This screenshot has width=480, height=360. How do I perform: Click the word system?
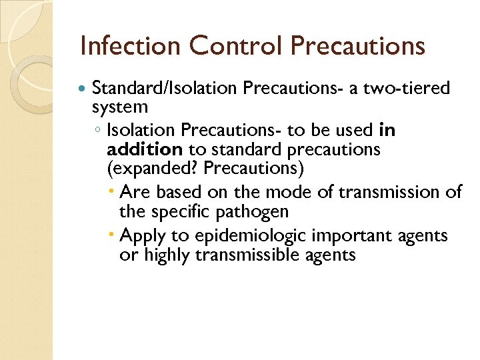tap(120, 107)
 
